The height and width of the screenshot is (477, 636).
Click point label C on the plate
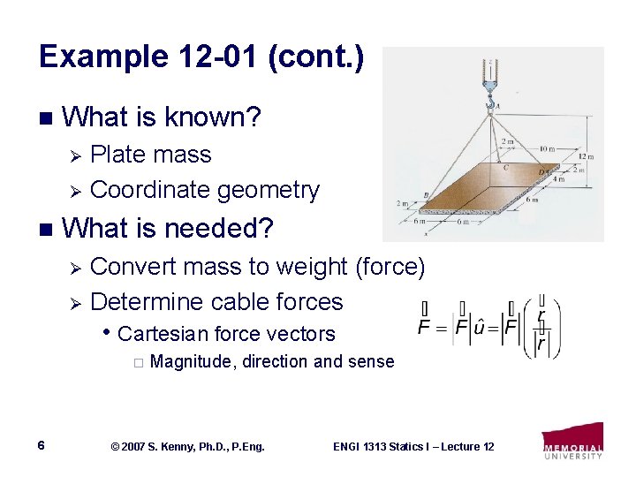(x=504, y=165)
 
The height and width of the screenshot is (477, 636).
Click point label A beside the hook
(x=498, y=104)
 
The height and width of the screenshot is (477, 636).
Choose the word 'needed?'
(x=232, y=229)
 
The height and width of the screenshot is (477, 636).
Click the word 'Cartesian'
(x=163, y=334)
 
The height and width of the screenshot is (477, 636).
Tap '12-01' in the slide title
(x=198, y=57)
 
